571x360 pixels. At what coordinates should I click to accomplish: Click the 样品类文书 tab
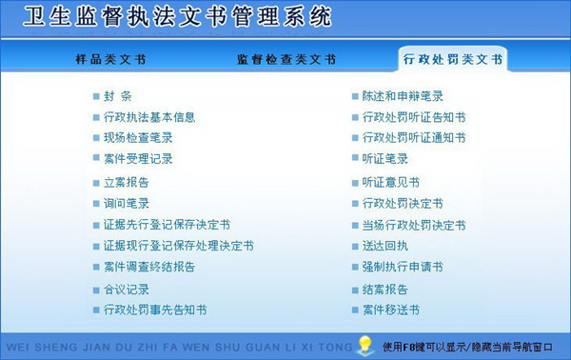[110, 59]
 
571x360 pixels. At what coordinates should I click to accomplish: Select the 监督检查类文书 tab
[285, 59]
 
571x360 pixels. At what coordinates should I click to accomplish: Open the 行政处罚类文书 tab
[452, 59]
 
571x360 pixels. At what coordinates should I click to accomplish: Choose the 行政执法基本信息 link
[149, 117]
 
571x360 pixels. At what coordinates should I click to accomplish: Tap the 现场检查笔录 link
[138, 138]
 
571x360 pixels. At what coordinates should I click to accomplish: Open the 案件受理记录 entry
[138, 159]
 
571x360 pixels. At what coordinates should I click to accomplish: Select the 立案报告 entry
[127, 182]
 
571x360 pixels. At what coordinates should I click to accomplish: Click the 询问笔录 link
[127, 203]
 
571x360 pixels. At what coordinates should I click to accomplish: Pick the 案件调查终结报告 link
[149, 267]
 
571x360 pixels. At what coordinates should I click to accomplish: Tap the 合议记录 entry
[127, 289]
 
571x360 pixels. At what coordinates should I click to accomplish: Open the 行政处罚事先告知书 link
[155, 310]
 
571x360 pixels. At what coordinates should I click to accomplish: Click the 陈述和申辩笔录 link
[403, 96]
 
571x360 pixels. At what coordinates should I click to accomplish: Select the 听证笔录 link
[385, 159]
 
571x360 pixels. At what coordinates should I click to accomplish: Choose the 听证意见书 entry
[391, 182]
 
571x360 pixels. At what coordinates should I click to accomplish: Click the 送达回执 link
[385, 246]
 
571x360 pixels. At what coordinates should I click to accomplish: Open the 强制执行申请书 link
[403, 267]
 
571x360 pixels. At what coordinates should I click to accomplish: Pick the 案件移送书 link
[391, 310]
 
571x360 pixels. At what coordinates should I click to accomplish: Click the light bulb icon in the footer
[364, 343]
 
